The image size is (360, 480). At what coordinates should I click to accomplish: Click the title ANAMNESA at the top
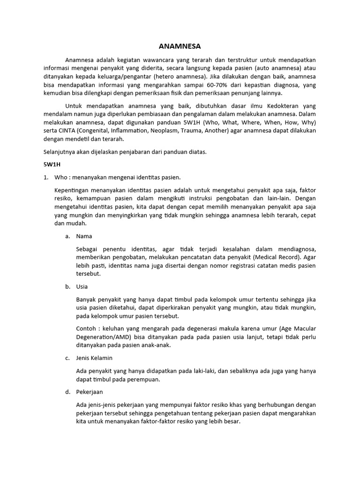pyautogui.click(x=180, y=46)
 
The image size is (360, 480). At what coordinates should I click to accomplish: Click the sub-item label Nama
pyautogui.click(x=84, y=236)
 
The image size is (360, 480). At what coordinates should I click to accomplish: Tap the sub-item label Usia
pyautogui.click(x=82, y=286)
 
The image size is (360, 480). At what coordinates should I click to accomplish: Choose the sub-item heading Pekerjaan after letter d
pyautogui.click(x=90, y=391)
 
